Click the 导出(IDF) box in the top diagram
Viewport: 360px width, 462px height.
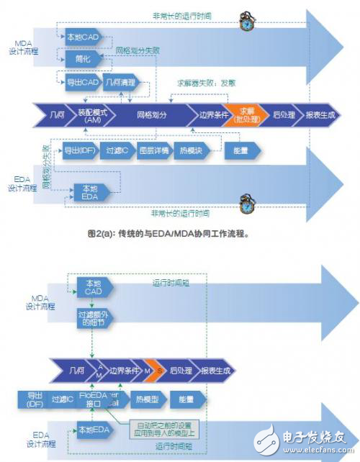[77, 151]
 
